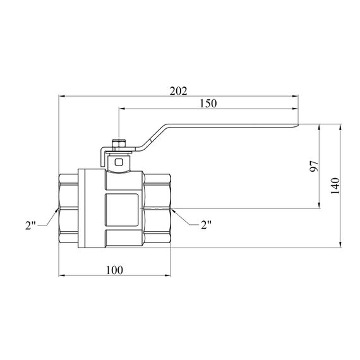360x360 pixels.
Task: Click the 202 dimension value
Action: [178, 91]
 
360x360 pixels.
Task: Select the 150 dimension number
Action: [208, 104]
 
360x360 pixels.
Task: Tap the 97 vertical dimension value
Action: [314, 166]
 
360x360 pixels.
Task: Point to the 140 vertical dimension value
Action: [335, 186]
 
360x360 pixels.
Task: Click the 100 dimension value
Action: [114, 270]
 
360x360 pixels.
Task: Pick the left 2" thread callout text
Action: [30, 225]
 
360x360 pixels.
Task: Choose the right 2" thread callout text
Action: [206, 225]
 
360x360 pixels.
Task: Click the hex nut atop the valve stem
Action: [119, 145]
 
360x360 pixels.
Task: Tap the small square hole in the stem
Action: [119, 162]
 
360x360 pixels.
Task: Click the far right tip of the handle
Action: [298, 125]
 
